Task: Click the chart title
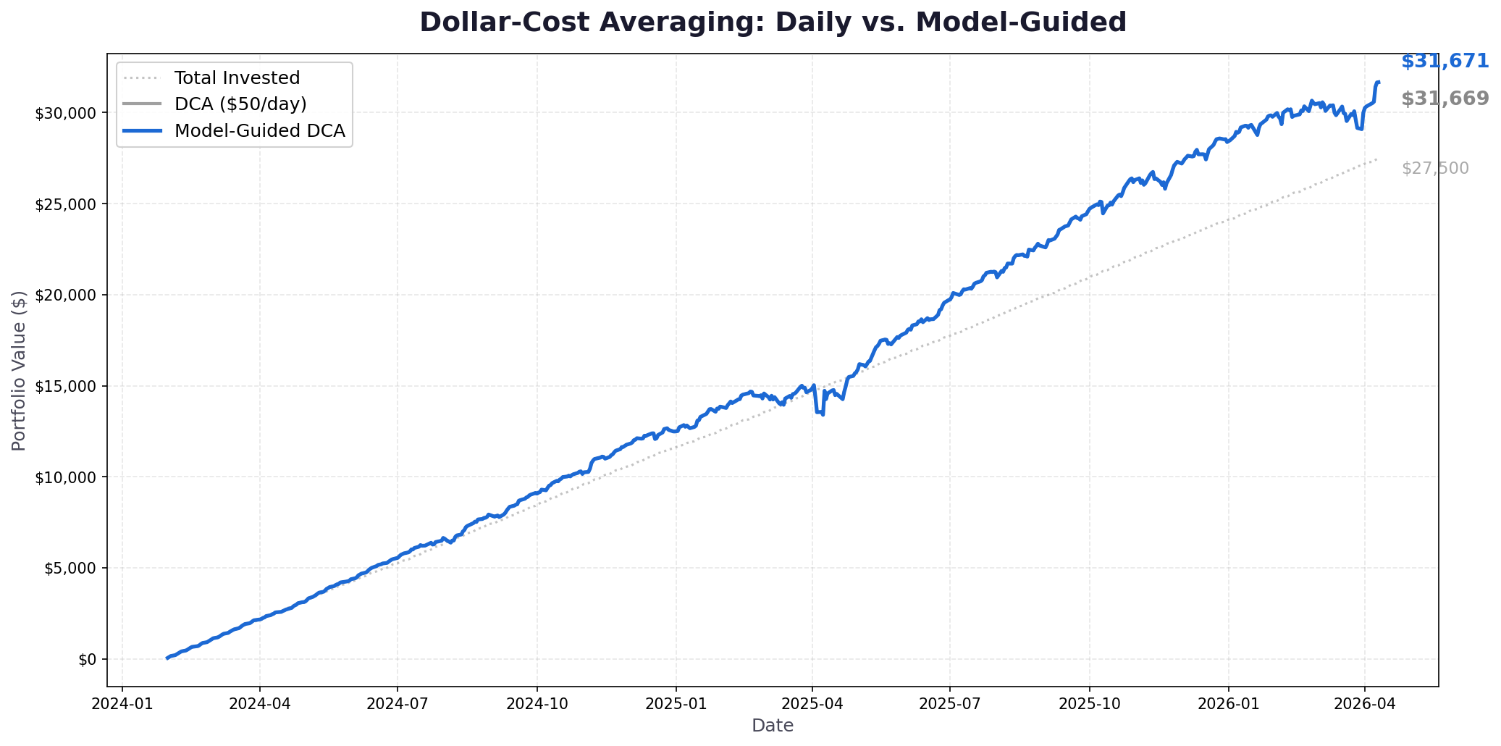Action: (x=773, y=22)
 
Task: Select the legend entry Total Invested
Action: (x=237, y=78)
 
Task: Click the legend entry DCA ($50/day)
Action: (x=240, y=104)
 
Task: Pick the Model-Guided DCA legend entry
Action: (x=259, y=131)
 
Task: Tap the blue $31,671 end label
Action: (x=1445, y=62)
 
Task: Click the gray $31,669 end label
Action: (x=1445, y=99)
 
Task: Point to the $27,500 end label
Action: (x=1434, y=169)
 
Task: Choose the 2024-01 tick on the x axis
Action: (x=122, y=703)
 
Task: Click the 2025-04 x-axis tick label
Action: (x=812, y=703)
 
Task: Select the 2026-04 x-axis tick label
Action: (x=1364, y=703)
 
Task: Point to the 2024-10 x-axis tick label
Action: (x=537, y=703)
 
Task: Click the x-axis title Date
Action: (x=773, y=726)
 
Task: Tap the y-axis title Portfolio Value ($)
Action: (x=20, y=370)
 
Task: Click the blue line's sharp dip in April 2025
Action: (x=823, y=414)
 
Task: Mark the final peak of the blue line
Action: (x=1378, y=82)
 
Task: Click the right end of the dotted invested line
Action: (x=1376, y=159)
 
